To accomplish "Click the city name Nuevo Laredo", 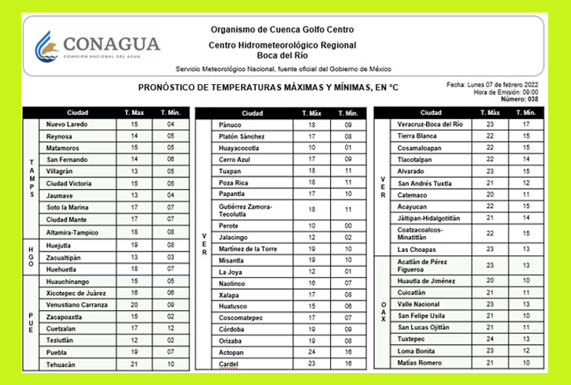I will point(68,124).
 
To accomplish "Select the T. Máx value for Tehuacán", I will point(134,365).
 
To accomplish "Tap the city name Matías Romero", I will point(422,362).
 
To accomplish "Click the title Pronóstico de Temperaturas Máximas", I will point(268,88).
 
